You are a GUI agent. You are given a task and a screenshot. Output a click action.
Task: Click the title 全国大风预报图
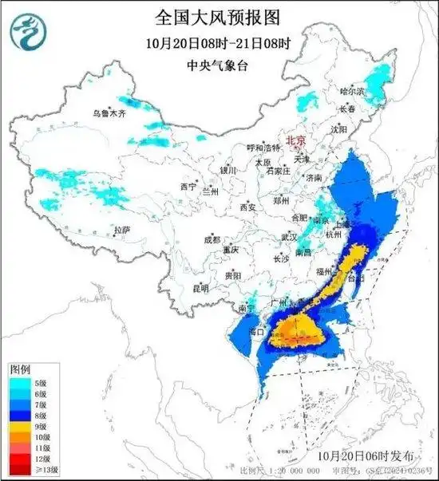coord(219,16)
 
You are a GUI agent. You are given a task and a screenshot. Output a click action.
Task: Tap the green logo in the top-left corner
coord(27,30)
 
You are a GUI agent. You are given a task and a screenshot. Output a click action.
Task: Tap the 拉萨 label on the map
coord(121,230)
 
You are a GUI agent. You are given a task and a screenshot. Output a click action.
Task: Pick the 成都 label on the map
coord(212,239)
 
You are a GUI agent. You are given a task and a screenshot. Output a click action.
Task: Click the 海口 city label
coord(256,331)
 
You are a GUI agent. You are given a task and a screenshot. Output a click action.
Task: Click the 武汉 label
coord(289,237)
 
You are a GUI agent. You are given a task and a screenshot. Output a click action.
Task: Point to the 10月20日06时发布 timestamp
coord(365,455)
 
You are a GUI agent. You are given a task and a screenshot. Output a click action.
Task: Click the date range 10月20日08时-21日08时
coord(219,41)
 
